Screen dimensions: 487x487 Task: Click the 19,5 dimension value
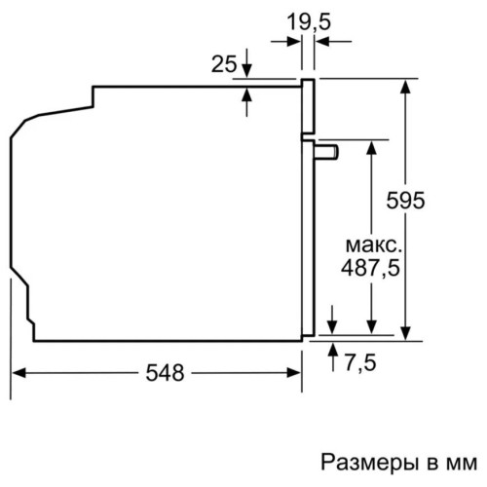pyautogui.click(x=309, y=22)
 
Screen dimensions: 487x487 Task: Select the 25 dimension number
pyautogui.click(x=224, y=64)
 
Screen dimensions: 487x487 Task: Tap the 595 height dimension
pyautogui.click(x=405, y=201)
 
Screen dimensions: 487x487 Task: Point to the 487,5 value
pyautogui.click(x=370, y=269)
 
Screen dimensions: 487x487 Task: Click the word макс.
pyautogui.click(x=373, y=245)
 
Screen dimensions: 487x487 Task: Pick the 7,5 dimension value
pyautogui.click(x=360, y=362)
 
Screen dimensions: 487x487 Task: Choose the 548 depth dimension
pyautogui.click(x=165, y=373)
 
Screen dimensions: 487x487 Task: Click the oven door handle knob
pyautogui.click(x=326, y=152)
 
